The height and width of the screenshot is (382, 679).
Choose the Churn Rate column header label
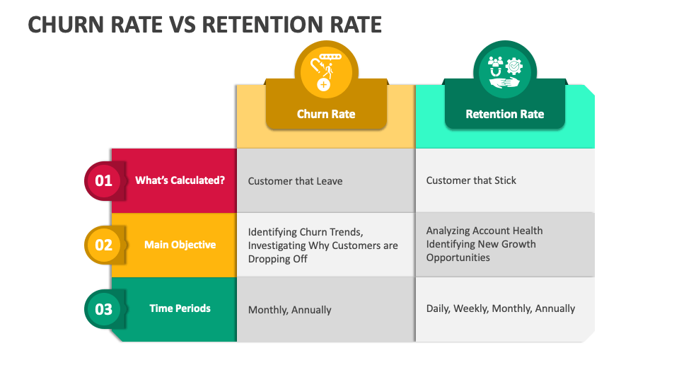[x=326, y=114]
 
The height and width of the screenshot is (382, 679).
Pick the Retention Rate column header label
[x=504, y=114]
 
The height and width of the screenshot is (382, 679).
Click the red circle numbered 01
[x=104, y=181]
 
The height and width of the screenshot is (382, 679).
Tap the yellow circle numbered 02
[x=104, y=245]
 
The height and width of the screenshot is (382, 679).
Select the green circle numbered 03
[x=104, y=309]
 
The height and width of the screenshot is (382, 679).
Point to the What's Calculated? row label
[x=180, y=180]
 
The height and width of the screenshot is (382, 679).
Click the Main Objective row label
[x=180, y=245]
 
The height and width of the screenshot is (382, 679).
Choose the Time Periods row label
[x=180, y=308]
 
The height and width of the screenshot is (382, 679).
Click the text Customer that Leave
[x=295, y=181]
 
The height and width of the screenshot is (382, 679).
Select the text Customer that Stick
[x=471, y=180]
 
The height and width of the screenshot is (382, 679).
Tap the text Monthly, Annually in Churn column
[x=289, y=310]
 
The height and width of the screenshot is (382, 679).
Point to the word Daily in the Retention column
[x=438, y=308]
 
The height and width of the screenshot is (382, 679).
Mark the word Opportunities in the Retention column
[x=458, y=257]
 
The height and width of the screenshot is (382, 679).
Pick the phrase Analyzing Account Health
[x=484, y=231]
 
